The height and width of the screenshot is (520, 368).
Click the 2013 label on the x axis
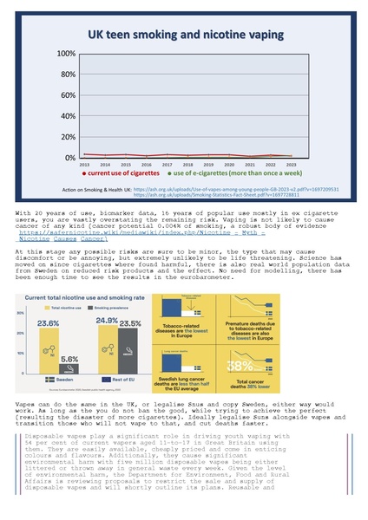pos(84,164)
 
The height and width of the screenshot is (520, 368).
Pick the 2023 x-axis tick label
pos(291,164)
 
